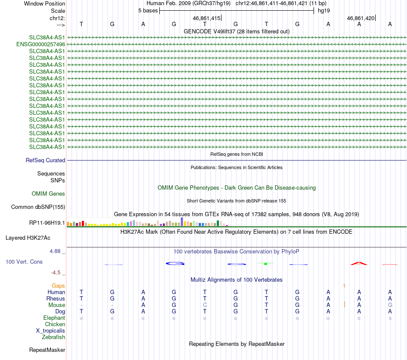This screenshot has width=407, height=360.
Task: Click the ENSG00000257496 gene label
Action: (41, 44)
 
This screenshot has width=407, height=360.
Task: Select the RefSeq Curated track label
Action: (45, 160)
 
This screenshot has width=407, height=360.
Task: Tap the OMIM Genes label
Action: (48, 194)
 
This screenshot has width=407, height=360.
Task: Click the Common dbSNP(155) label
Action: (38, 207)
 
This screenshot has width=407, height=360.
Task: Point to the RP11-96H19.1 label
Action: (47, 223)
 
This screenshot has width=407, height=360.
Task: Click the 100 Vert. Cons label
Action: (24, 262)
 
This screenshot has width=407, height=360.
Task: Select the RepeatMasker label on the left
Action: (47, 350)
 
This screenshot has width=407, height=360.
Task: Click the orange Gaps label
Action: (58, 286)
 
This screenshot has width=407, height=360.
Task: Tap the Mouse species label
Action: (57, 305)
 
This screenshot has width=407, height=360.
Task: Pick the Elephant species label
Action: (54, 318)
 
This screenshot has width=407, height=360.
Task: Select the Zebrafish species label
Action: (54, 337)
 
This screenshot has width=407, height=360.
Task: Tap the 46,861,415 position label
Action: (206, 18)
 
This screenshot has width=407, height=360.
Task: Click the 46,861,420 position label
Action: (361, 18)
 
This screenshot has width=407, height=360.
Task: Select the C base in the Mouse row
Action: (205, 305)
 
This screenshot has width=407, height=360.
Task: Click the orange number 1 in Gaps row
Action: (344, 286)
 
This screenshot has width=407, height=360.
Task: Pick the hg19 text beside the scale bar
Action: (324, 10)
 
